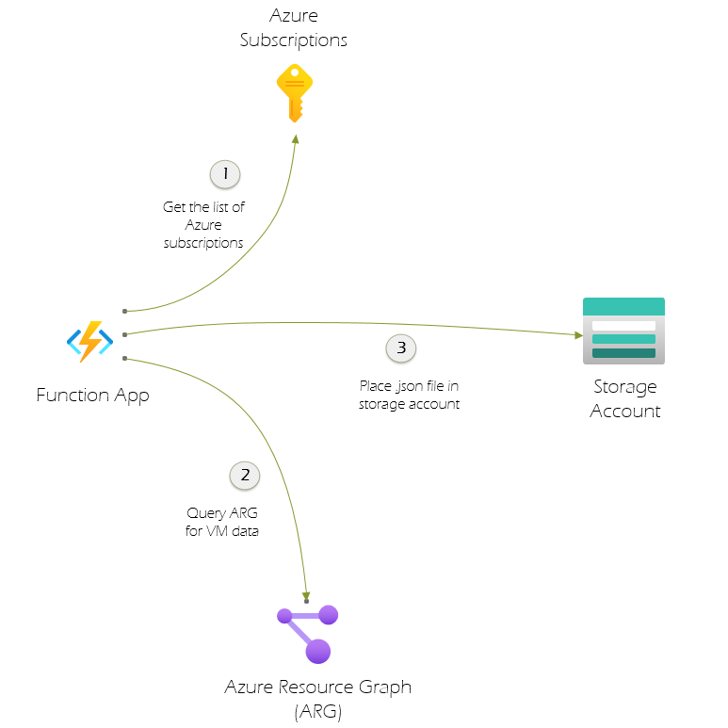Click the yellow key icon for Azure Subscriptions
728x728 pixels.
click(295, 92)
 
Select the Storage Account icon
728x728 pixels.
click(623, 331)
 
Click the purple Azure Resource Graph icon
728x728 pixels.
click(308, 633)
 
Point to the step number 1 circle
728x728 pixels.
click(225, 174)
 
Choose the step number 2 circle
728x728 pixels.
click(245, 475)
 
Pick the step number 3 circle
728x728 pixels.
click(401, 348)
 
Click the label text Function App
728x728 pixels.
click(92, 395)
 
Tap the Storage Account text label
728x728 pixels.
click(625, 398)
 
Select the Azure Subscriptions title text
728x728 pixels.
click(294, 28)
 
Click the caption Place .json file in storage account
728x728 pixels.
click(409, 396)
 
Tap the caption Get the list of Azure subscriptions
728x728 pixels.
click(203, 224)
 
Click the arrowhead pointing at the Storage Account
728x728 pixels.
click(578, 334)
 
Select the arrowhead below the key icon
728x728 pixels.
click(296, 138)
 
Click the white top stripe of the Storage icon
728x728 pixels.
click(623, 325)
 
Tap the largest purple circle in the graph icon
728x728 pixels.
click(318, 650)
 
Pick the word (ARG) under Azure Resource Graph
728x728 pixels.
click(317, 711)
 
